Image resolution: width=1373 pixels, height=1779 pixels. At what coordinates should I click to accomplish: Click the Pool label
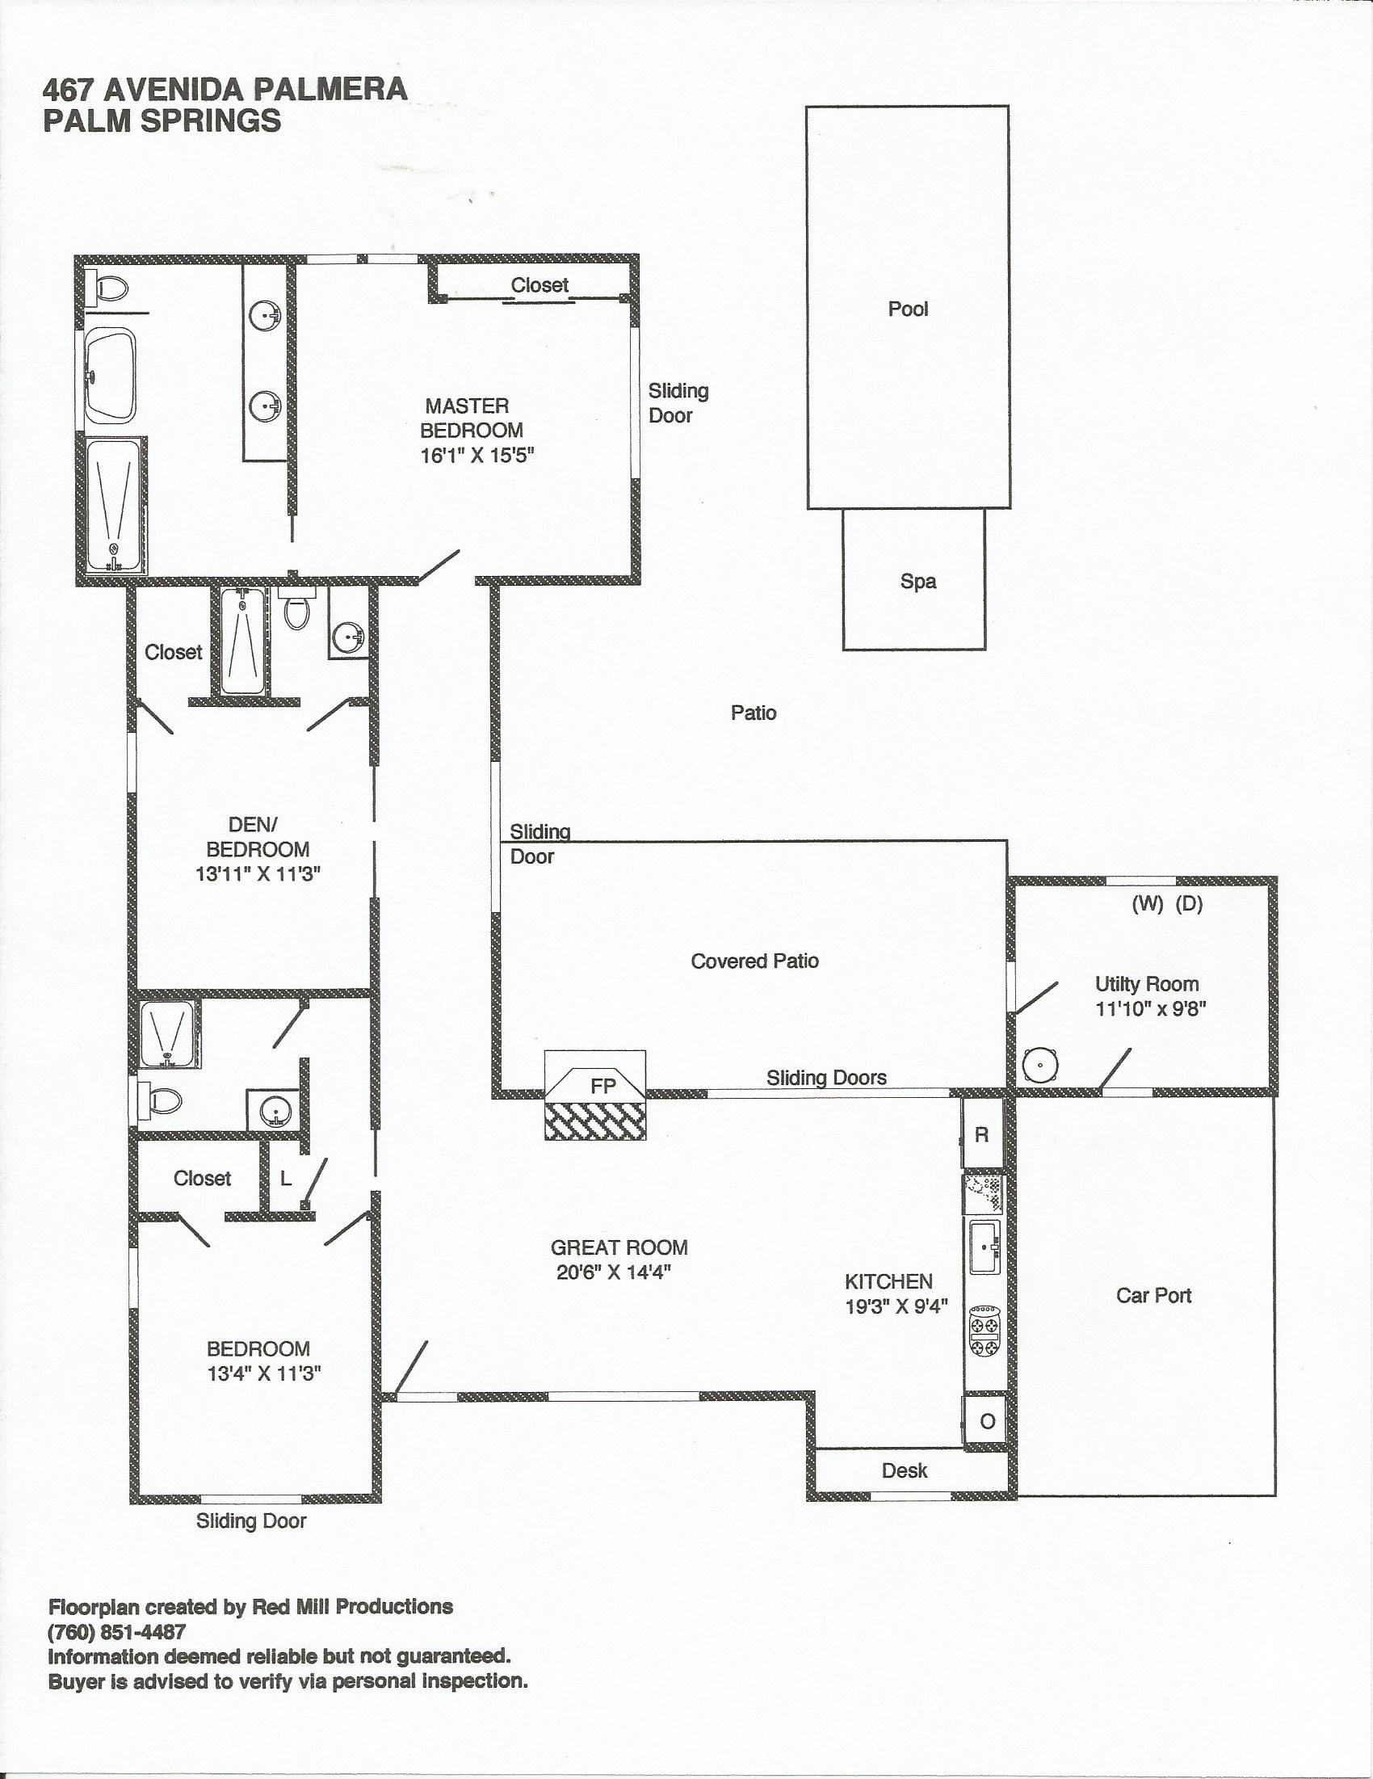908,309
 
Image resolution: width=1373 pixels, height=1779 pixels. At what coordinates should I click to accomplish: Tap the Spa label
917,582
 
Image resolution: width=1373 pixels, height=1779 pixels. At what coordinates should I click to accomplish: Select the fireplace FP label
603,1086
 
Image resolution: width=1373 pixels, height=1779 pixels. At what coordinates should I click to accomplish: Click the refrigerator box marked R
982,1134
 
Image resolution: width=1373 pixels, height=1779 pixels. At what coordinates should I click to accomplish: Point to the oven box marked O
986,1421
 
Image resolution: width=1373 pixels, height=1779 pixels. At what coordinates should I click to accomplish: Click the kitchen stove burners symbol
985,1330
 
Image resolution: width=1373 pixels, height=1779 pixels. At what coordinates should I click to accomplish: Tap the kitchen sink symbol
986,1247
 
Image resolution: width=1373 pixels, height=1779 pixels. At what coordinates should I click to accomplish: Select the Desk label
904,1470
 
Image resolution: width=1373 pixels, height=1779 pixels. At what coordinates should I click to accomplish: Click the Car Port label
1153,1295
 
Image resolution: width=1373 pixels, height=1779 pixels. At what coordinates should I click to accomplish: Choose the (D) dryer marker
1189,903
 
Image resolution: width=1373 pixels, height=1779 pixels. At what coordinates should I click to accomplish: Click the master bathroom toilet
109,288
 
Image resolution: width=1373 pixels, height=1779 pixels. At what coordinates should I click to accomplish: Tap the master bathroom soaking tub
109,374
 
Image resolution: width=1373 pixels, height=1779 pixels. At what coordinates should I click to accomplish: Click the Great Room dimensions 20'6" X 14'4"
613,1272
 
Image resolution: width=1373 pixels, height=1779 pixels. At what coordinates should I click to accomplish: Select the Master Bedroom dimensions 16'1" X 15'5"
477,455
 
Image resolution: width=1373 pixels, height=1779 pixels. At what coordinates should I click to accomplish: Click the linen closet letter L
285,1179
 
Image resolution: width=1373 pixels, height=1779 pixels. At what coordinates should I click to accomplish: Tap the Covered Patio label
755,961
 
